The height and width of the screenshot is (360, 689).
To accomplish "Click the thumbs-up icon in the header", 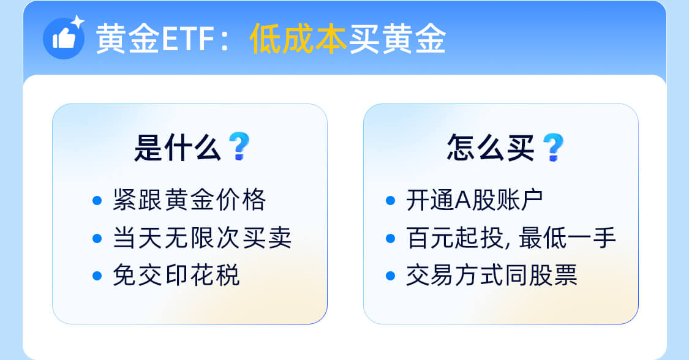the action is point(64,38).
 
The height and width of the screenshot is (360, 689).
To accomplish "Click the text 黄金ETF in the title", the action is point(155,39).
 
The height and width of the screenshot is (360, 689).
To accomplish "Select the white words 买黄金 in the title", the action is point(397,39).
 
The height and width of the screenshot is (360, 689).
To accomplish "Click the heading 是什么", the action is point(178,148).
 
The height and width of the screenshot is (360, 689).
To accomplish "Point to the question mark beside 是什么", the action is point(239,146).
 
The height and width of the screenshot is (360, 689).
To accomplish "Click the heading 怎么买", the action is point(491,148).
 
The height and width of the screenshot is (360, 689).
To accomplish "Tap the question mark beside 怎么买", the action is point(553,147).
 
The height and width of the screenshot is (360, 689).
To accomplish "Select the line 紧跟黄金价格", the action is point(189,200).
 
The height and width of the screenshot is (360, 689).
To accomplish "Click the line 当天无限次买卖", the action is point(202,238).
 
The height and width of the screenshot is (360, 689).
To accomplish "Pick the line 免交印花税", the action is point(176,276).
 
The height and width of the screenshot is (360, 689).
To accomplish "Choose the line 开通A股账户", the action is point(475,200).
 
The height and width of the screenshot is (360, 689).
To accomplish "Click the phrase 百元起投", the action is point(455,238).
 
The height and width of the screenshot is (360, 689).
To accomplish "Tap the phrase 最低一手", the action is point(567,238).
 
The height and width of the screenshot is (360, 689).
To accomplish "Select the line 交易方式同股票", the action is point(491,276).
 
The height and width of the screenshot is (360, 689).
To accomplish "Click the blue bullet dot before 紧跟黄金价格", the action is point(97,201).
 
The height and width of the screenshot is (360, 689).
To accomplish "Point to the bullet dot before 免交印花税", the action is point(97,276).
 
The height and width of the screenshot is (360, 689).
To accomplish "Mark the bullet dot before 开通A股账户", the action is point(390,201).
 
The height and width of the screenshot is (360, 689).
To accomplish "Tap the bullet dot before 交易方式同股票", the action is point(390,276).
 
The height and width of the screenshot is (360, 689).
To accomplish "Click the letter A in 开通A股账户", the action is point(463,201).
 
